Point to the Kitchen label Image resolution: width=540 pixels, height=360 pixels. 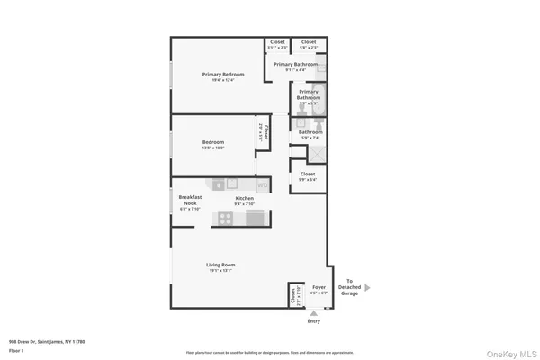pos(245,198)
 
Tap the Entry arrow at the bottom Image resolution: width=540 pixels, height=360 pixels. pos(313,311)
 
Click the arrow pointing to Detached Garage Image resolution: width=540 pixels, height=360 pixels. pos(366,288)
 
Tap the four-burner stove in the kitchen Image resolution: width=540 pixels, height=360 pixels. pos(224,218)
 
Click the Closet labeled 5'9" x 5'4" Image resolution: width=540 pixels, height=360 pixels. pos(307,175)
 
